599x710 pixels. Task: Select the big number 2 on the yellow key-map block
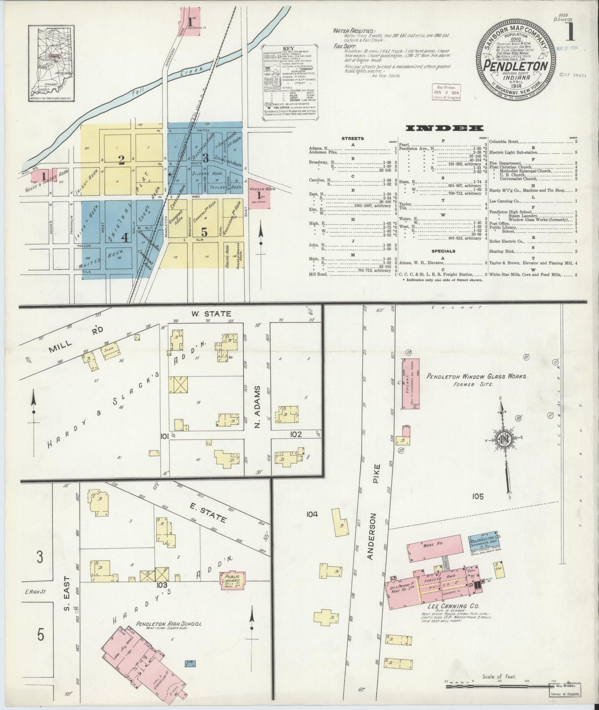pos(121,160)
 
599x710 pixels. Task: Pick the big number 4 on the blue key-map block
pos(125,237)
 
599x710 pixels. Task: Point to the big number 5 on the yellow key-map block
pos(204,231)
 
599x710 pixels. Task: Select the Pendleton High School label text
pos(169,624)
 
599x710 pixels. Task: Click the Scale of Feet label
pos(499,677)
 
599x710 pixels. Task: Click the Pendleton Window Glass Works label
pos(476,376)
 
